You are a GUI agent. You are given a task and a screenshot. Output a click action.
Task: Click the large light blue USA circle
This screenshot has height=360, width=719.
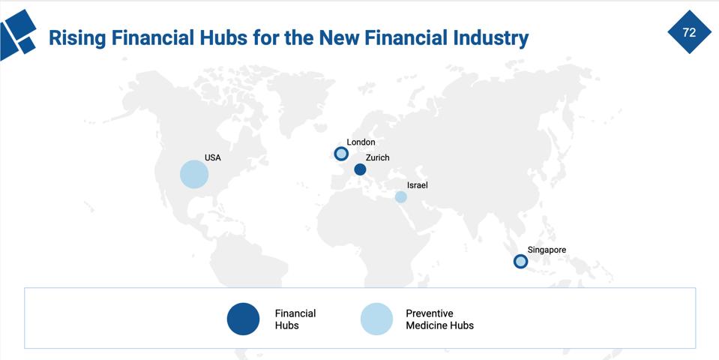pos(194,175)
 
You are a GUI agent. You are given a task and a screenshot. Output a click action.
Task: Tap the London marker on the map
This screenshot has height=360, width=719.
pos(341,154)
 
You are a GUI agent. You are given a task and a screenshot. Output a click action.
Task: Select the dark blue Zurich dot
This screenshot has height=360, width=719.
pos(360,169)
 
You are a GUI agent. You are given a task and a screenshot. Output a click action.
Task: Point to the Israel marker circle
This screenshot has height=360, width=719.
pos(401,196)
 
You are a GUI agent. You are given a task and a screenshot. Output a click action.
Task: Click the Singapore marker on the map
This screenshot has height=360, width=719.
pos(520,261)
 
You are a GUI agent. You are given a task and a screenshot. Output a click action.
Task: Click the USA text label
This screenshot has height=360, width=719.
pos(213,158)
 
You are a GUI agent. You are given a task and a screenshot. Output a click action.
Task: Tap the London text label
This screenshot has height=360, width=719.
pos(361,142)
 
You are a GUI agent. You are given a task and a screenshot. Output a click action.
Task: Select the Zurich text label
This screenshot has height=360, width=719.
pos(378,157)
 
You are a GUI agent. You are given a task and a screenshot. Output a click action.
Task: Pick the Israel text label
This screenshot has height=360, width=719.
pos(418,185)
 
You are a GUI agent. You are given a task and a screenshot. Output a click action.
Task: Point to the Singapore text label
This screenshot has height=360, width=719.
pos(547,250)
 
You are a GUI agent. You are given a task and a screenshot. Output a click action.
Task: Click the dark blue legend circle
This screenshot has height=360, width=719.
pos(243,319)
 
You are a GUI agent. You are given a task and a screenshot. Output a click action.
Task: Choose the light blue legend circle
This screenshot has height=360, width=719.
pos(376,319)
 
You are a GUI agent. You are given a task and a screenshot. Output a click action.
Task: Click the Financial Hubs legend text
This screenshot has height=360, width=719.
pos(295,319)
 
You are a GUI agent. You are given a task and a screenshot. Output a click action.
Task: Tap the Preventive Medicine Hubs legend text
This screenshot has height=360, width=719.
pos(439,319)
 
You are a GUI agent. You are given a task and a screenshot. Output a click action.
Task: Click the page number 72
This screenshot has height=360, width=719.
pos(689,32)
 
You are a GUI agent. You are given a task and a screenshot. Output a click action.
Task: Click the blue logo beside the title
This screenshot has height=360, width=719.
pos(19,34)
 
